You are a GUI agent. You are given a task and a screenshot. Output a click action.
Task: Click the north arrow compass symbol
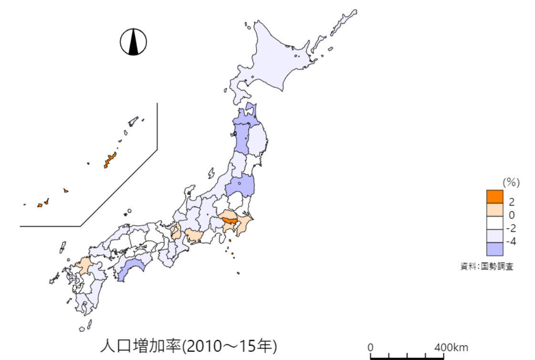pos(133,41)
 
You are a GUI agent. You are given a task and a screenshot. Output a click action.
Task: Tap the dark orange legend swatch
pos(494,196)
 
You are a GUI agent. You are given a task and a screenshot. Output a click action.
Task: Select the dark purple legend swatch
pos(494,248)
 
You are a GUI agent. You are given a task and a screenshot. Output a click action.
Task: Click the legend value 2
pos(512,201)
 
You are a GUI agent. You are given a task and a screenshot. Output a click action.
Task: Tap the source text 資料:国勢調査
pos(486,267)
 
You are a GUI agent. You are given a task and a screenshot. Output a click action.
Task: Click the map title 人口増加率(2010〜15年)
pos(189,346)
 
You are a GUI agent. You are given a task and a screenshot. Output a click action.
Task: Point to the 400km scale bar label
pos(451,347)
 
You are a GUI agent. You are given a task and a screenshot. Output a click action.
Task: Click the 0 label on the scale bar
pos(371,347)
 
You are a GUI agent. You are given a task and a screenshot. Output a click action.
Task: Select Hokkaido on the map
pos(277,57)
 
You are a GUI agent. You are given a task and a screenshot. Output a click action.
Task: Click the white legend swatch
pos(494,223)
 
